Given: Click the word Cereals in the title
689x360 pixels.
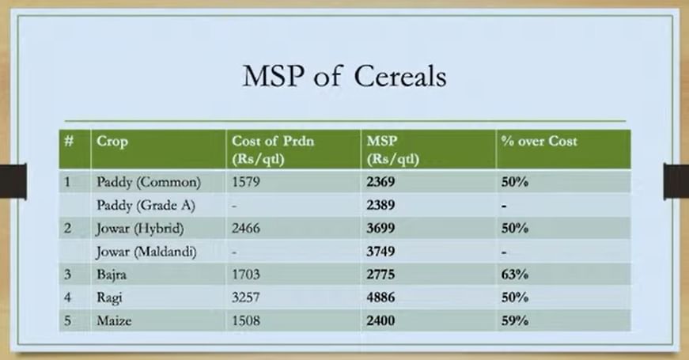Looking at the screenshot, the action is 399,76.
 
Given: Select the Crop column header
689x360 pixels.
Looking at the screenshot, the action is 112,142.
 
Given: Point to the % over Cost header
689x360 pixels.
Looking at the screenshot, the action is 539,141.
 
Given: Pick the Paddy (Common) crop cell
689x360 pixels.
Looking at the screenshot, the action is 149,182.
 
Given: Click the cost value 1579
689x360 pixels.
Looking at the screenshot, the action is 246,181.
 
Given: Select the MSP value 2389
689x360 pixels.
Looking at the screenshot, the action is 380,205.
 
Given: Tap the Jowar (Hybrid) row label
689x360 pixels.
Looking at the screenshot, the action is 140,229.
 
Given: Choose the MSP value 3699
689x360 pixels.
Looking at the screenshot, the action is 380,228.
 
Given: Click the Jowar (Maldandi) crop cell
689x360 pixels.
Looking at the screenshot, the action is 146,252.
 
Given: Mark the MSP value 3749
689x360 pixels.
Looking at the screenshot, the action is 380,252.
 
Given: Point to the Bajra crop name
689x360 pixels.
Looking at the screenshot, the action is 112,275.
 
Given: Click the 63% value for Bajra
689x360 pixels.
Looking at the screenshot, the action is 514,275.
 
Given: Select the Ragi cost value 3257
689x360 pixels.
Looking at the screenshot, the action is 246,297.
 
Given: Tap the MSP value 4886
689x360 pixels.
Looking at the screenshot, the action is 380,297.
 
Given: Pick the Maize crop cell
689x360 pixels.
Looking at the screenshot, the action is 114,321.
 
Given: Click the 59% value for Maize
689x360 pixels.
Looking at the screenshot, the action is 514,321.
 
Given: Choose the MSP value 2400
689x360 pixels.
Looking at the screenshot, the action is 380,321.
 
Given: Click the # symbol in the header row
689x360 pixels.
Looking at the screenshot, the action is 69,141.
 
